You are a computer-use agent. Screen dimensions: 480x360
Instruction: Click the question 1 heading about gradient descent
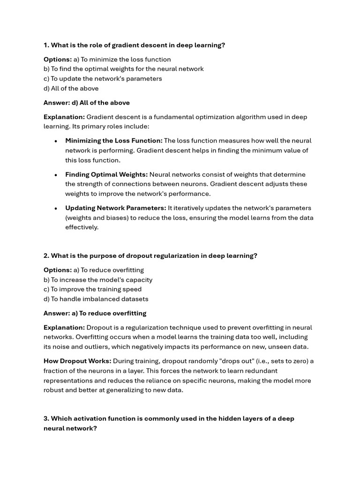coord(134,45)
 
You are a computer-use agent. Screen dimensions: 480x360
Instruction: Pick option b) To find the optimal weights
coord(124,69)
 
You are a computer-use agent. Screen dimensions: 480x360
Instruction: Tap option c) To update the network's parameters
coord(103,79)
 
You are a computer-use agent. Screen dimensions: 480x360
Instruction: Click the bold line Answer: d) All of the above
coord(87,103)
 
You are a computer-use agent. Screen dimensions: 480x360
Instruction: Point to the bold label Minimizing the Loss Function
coord(114,141)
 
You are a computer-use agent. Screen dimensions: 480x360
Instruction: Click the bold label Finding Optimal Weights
coord(106,174)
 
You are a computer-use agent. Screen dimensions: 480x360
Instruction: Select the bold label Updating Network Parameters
coord(116,208)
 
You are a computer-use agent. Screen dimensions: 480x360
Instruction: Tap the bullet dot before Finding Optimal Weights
coord(56,175)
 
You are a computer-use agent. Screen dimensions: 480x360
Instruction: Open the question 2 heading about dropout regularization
coord(150,256)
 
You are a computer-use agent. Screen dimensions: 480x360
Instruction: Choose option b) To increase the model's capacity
coord(98,280)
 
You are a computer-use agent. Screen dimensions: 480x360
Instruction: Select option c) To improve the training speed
coord(92,289)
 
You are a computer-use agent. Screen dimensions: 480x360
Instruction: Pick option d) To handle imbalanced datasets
coord(96,299)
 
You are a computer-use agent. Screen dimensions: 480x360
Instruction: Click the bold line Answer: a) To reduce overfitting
coord(95,313)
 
